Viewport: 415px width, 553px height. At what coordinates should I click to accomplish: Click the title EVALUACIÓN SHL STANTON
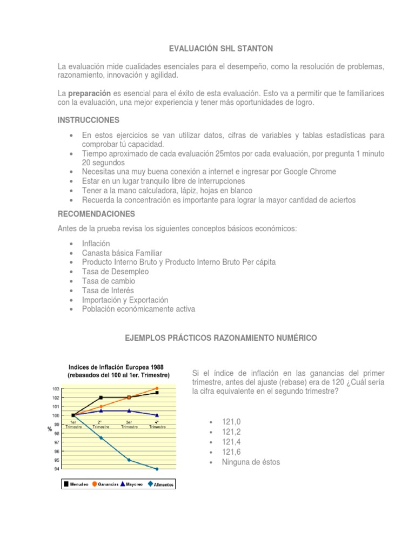tap(221, 49)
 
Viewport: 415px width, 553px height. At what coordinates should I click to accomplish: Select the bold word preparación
tap(90, 93)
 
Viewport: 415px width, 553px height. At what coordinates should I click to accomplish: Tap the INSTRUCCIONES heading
tap(89, 119)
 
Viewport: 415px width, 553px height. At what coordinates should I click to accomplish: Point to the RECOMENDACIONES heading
tap(96, 214)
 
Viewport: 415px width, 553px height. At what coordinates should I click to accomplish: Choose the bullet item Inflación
tap(96, 243)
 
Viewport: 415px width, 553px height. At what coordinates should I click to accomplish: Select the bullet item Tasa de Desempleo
tap(115, 271)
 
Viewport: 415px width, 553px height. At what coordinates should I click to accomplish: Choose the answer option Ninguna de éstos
tap(251, 462)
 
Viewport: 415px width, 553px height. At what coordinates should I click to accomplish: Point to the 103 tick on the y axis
tap(56, 389)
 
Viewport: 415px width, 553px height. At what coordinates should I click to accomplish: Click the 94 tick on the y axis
tap(56, 469)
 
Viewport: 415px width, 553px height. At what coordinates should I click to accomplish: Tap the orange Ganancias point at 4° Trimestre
tap(157, 388)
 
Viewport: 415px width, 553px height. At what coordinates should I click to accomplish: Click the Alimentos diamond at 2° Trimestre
tap(101, 437)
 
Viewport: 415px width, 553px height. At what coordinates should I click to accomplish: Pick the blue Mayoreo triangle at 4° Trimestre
tap(157, 415)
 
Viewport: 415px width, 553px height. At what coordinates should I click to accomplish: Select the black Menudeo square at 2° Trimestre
tap(101, 397)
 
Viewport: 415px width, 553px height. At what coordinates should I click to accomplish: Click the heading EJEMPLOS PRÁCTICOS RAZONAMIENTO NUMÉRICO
tap(221, 338)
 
